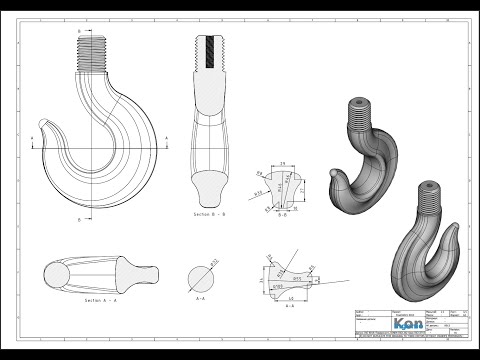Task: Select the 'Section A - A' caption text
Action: click(x=91, y=299)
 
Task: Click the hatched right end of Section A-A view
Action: click(x=140, y=271)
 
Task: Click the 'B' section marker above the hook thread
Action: click(x=78, y=32)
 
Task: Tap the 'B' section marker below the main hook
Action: click(x=78, y=217)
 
